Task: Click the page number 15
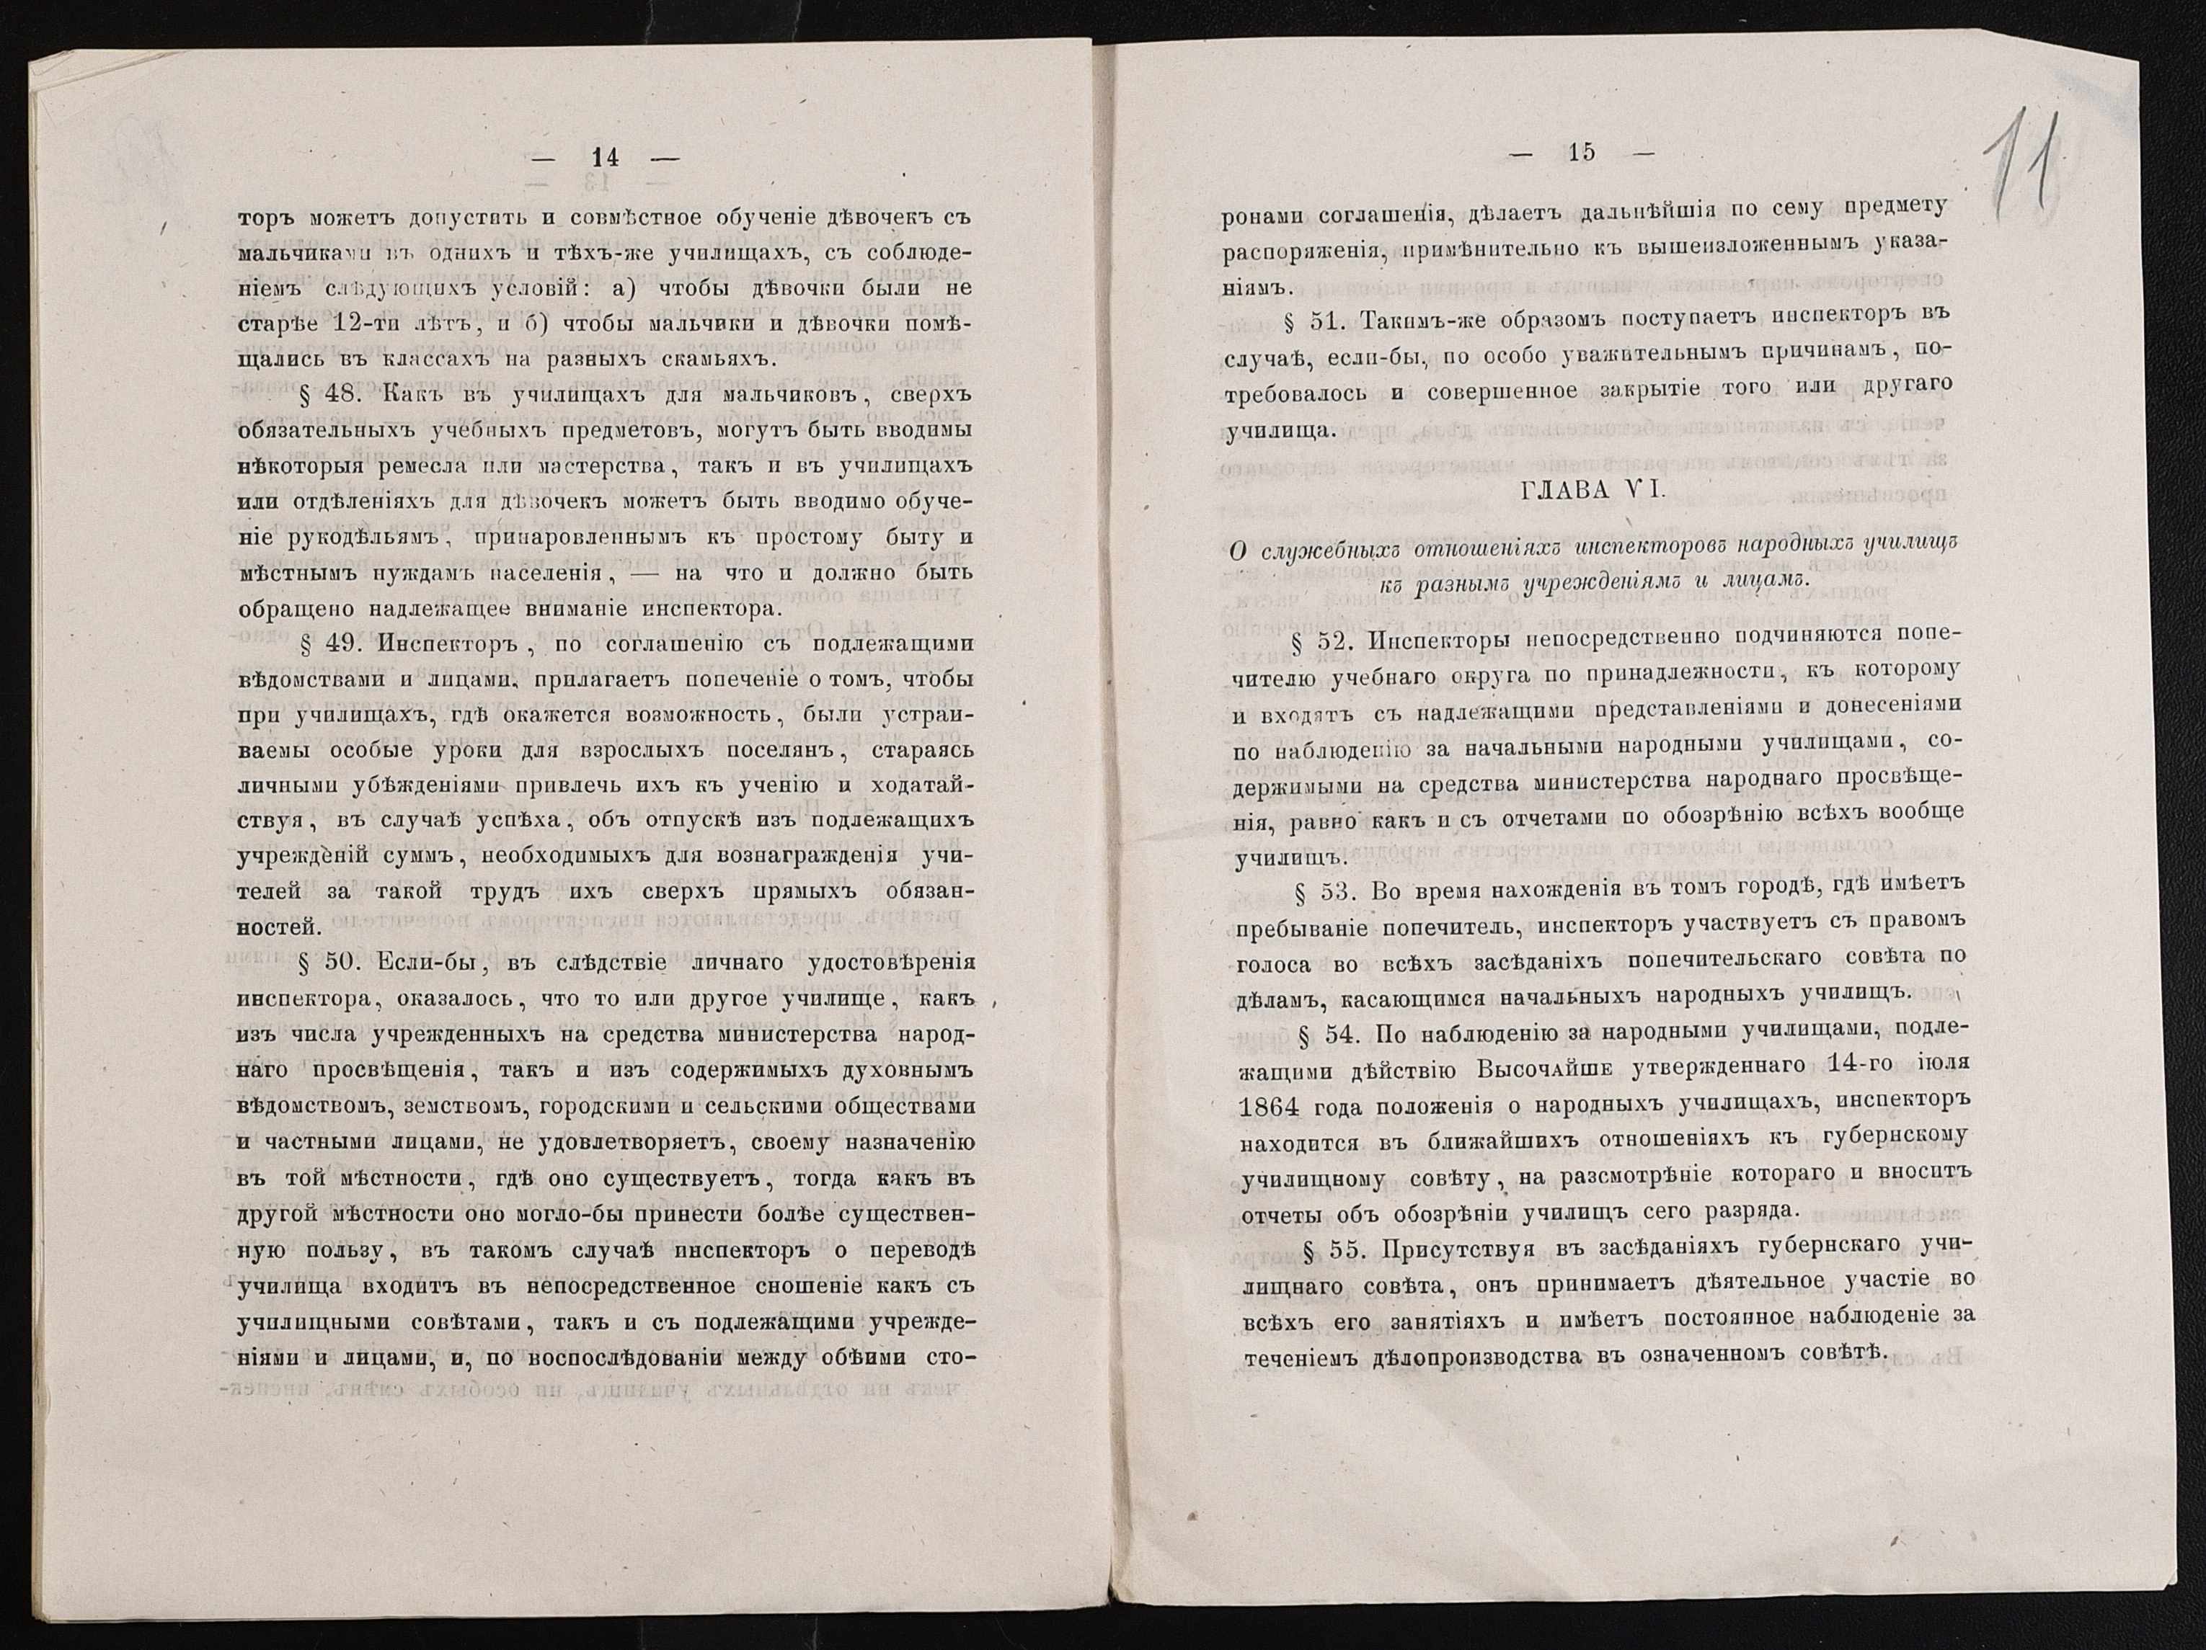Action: pos(1582,153)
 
